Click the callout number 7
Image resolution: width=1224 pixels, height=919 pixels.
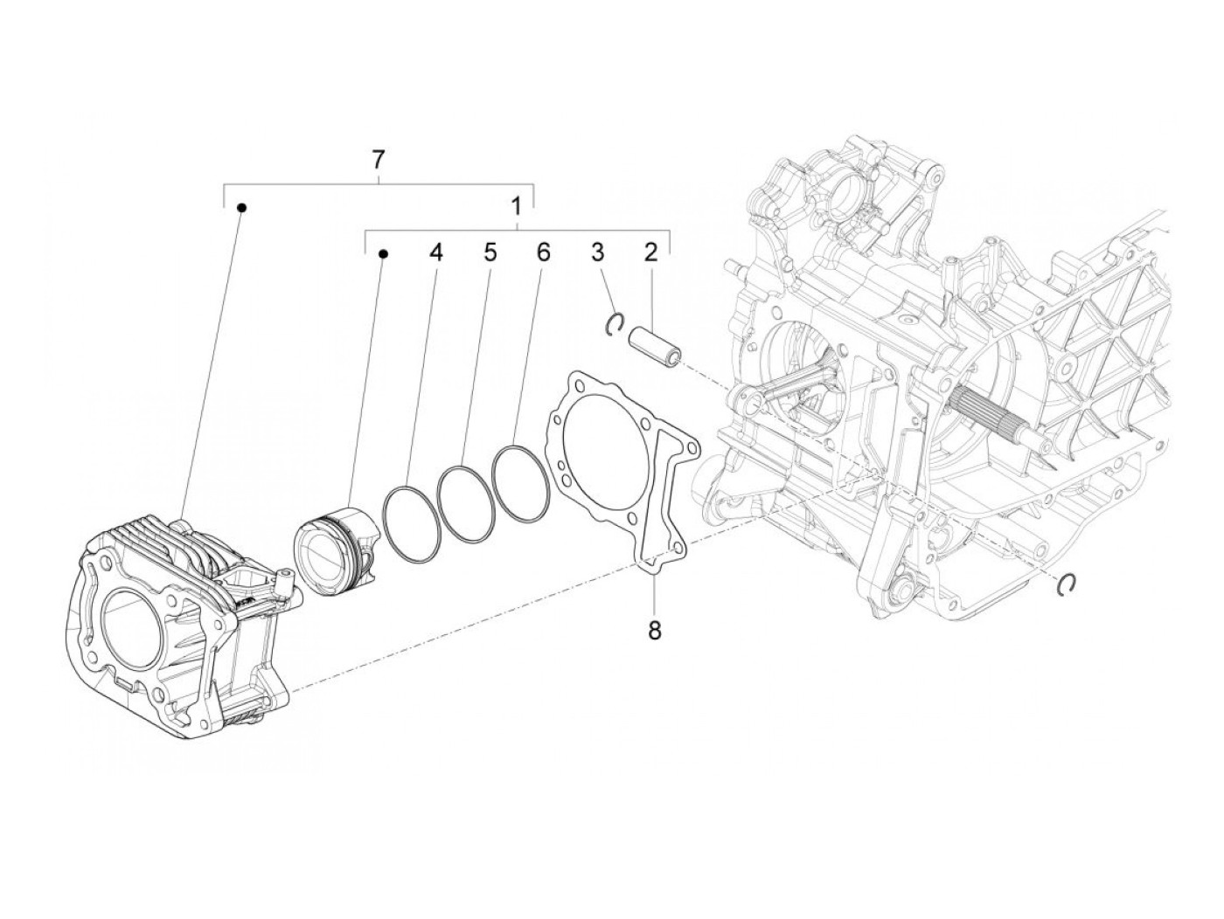(378, 160)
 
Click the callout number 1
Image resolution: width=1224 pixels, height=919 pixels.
(517, 207)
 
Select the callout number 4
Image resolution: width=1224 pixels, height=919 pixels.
(435, 253)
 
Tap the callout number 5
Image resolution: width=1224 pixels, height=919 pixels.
(489, 253)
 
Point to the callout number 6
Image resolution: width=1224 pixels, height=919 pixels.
(543, 253)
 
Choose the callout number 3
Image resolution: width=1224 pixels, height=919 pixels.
(598, 253)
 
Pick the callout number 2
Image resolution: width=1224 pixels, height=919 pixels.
(650, 253)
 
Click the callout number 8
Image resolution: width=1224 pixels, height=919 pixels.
(655, 630)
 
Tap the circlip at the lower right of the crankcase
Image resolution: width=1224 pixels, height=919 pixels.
(1066, 585)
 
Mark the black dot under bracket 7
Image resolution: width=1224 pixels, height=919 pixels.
(242, 207)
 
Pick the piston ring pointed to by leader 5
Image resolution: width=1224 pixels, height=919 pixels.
(466, 501)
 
